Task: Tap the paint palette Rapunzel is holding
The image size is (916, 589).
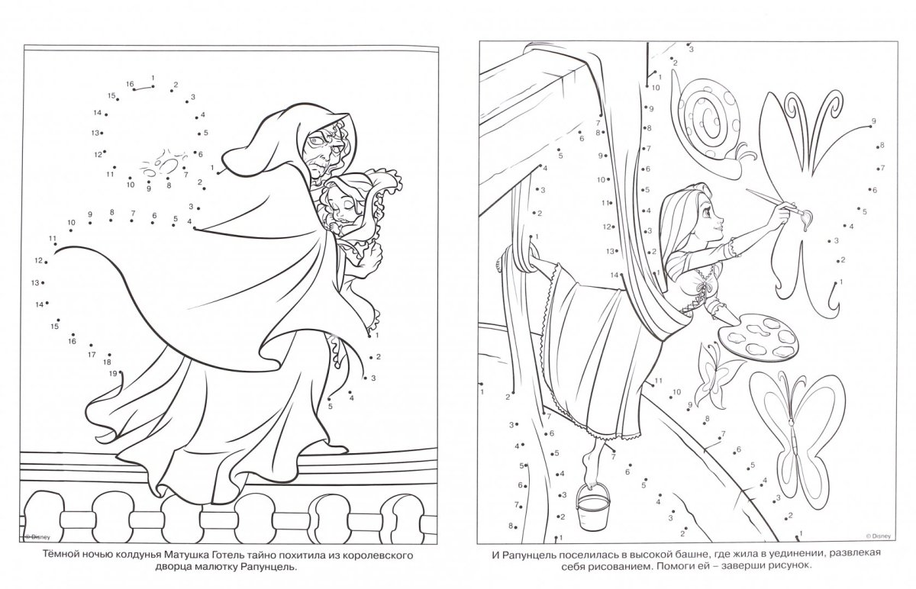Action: [x=758, y=337]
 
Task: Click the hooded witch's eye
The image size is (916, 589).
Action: [x=315, y=141]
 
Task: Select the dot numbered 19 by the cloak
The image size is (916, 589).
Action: [x=121, y=372]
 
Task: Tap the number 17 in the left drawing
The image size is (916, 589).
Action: [x=92, y=355]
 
